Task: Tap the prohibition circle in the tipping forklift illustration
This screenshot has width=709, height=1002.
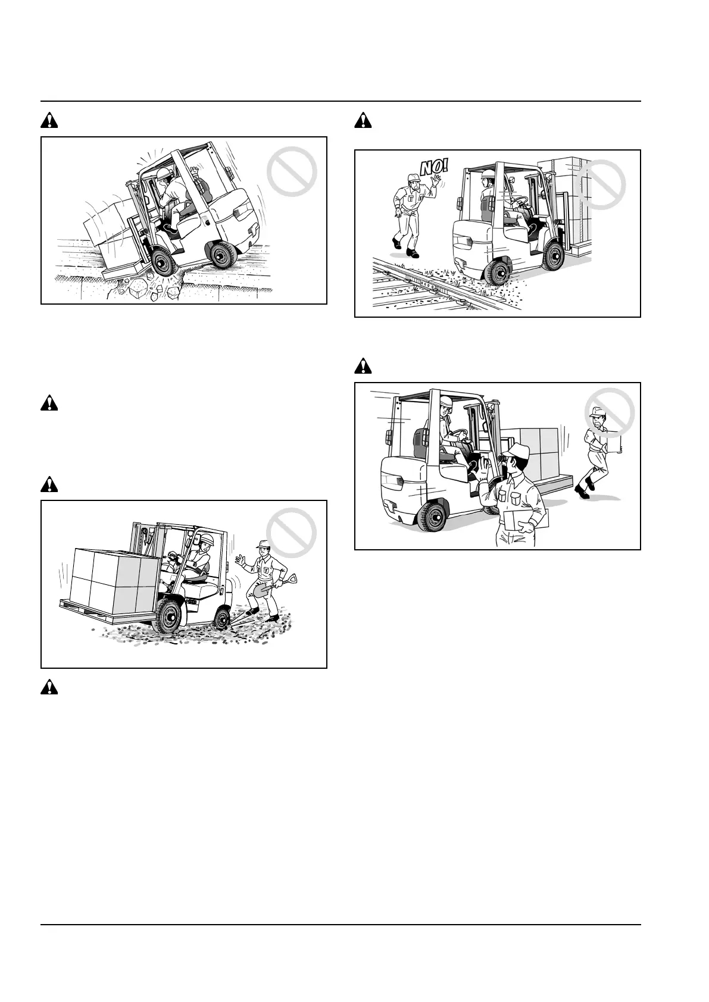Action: coord(292,172)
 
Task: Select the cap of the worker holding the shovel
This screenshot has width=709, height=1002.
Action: coord(263,543)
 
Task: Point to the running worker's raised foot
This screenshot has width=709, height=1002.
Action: coord(582,491)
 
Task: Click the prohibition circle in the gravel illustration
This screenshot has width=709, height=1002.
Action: coord(291,535)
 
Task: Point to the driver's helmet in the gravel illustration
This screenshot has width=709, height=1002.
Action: coord(207,539)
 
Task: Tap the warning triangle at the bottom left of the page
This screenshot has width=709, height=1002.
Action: coord(50,688)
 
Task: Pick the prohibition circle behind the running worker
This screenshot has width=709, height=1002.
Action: coord(609,414)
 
